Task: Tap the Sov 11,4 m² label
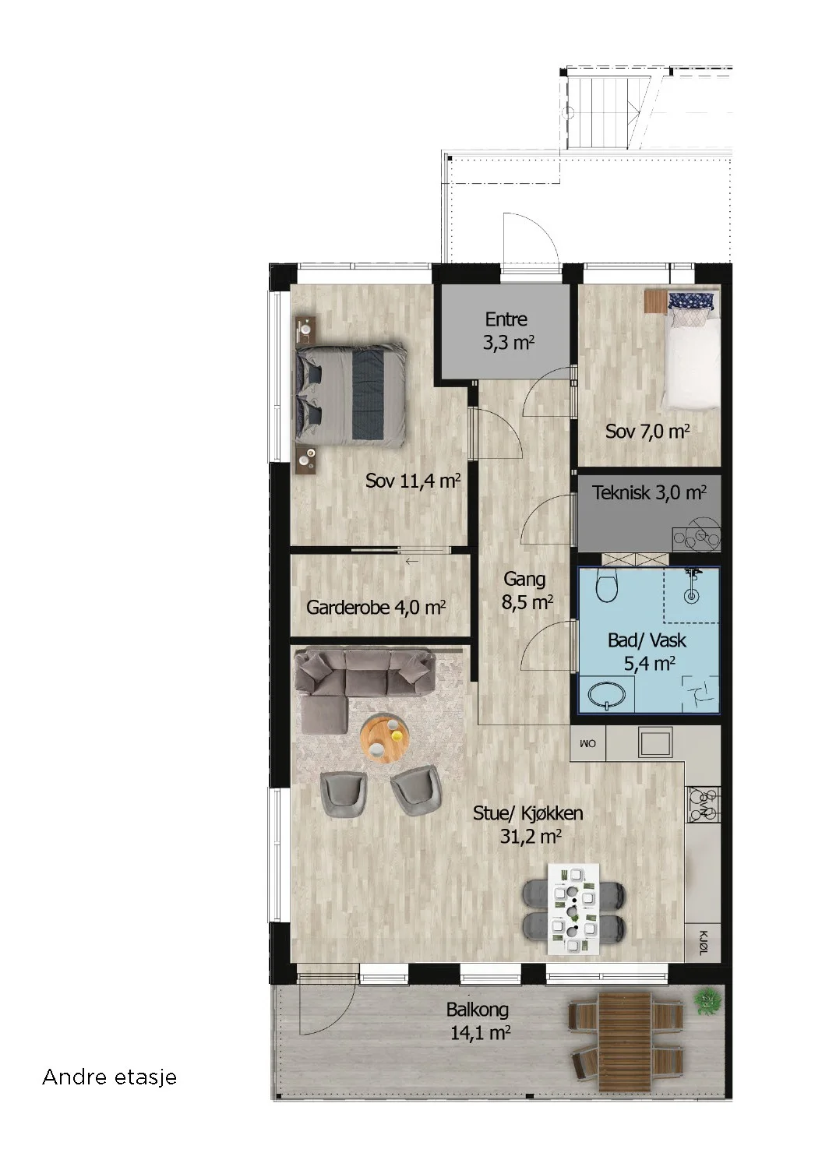[x=413, y=481]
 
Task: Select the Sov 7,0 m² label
[x=647, y=432]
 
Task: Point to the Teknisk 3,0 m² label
[x=650, y=492]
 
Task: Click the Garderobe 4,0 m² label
[x=376, y=608]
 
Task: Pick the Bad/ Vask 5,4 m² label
[x=647, y=652]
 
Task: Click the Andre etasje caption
[x=110, y=1077]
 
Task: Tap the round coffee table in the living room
[x=385, y=739]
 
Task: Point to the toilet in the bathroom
[x=608, y=587]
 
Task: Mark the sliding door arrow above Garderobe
[x=412, y=562]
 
